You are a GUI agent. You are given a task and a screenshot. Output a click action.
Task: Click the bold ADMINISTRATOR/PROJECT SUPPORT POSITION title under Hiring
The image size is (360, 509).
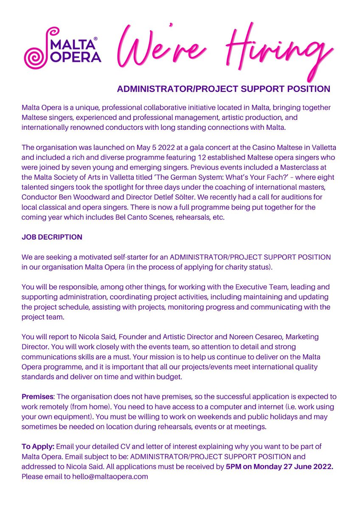[x=223, y=89]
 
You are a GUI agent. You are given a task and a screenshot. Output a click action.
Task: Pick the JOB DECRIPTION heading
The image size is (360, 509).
[x=52, y=238]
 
